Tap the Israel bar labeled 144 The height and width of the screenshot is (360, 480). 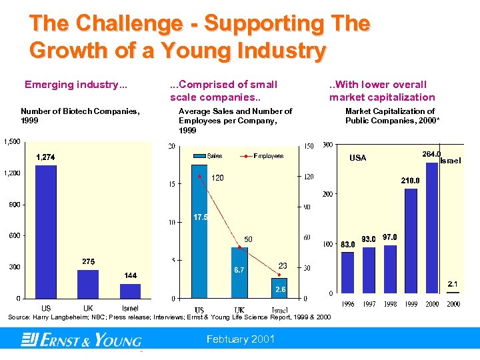click(x=130, y=291)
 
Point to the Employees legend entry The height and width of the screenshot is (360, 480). click(x=265, y=156)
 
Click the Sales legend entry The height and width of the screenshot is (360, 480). click(x=208, y=156)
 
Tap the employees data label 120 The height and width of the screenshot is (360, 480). click(x=217, y=178)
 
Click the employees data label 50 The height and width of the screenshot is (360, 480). click(x=248, y=239)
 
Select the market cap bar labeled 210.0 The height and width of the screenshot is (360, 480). click(x=411, y=241)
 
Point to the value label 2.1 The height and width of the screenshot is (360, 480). click(x=453, y=283)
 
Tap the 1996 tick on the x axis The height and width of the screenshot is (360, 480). click(x=348, y=304)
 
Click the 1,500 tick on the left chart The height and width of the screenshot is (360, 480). click(x=11, y=141)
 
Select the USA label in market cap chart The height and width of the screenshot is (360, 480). click(x=358, y=158)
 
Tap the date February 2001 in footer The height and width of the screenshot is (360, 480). click(x=241, y=339)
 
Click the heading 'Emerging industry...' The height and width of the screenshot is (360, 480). click(x=76, y=85)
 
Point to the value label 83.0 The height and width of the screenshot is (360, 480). click(x=347, y=245)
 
